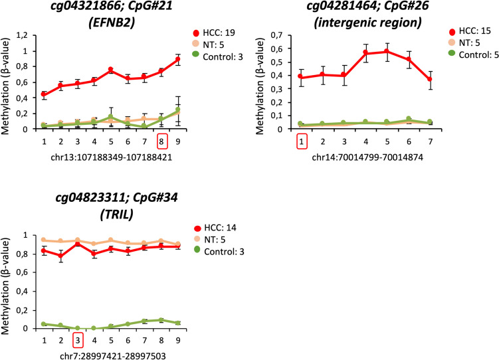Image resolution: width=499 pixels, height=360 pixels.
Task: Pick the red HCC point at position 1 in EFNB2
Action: (x=44, y=94)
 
